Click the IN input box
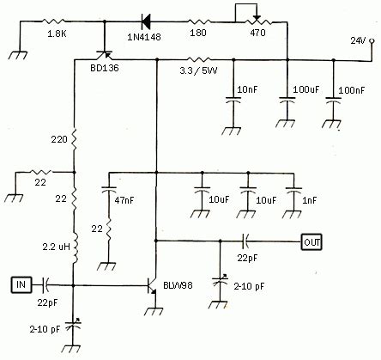[21, 283]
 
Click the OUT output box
[313, 241]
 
